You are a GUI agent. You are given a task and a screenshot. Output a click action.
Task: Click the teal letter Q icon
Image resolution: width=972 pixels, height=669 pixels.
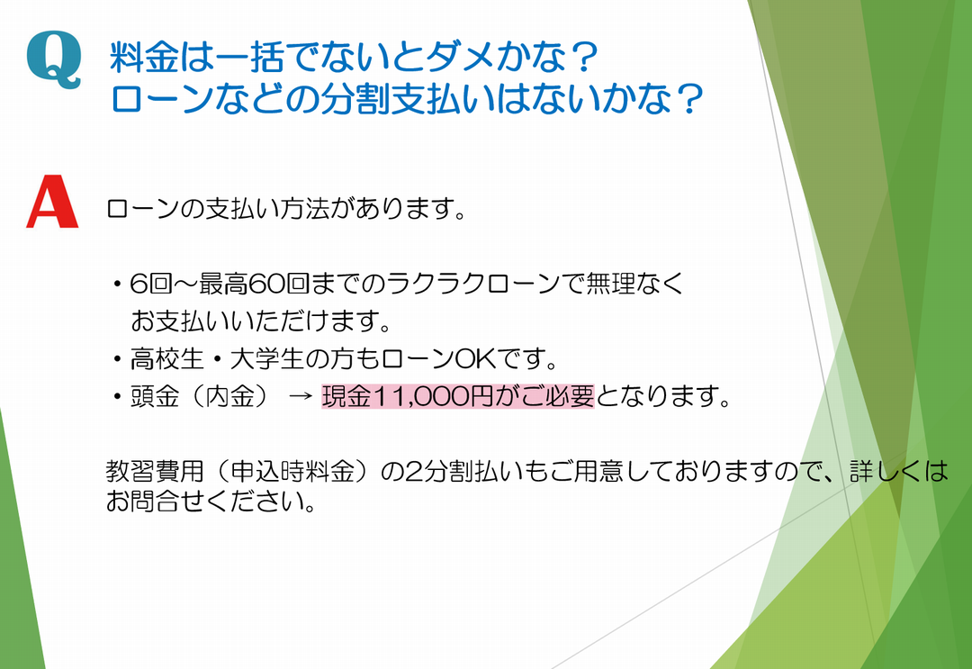pos(54,60)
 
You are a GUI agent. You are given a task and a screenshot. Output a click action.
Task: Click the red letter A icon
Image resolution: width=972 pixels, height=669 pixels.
pos(53,202)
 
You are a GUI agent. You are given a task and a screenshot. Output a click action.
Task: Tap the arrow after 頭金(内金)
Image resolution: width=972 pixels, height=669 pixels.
pos(300,397)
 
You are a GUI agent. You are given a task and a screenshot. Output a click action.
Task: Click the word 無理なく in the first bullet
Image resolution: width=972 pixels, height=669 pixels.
pos(634,284)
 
